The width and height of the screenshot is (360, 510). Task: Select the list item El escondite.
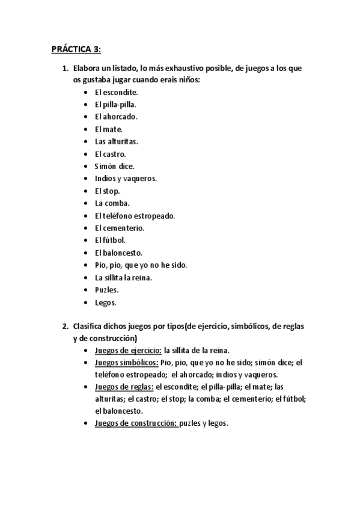[x=117, y=92]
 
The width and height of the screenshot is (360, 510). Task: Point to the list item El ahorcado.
[x=116, y=117]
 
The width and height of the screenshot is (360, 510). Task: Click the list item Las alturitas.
[x=116, y=141]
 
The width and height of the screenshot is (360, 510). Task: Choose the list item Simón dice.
[x=114, y=166]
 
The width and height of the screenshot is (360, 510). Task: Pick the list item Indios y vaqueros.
[x=126, y=179]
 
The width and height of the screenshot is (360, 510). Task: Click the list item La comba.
[x=112, y=203]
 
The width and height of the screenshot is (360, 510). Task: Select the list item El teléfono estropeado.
[x=135, y=216]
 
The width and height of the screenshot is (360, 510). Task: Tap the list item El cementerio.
[x=119, y=228]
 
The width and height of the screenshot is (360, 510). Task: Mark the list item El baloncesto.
[x=118, y=253]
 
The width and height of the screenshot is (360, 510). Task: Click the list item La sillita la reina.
[x=123, y=277]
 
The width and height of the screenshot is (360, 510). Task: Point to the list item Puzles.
[x=106, y=290]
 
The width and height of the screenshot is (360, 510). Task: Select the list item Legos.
[x=105, y=302]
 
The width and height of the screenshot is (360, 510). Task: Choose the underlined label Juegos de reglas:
[x=124, y=387]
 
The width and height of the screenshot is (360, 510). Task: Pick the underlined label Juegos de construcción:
[x=135, y=423]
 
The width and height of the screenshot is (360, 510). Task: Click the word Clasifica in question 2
[x=88, y=326]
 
